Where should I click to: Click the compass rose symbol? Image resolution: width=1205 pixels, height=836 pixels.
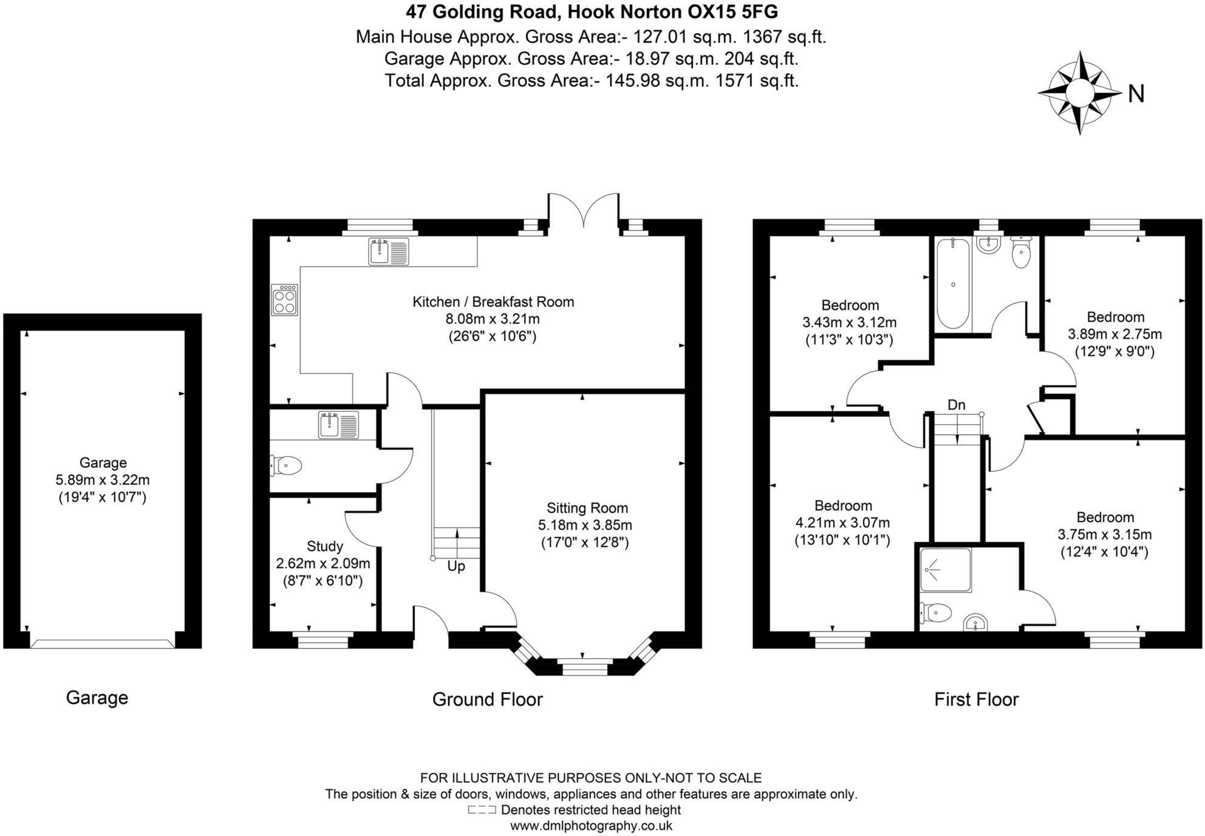(1079, 93)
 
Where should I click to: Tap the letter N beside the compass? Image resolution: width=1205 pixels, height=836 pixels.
(1136, 94)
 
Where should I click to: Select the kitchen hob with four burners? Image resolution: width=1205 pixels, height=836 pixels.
(284, 300)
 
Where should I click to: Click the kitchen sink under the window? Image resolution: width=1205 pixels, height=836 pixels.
(389, 252)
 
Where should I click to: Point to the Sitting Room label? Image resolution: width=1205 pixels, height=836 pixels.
(587, 508)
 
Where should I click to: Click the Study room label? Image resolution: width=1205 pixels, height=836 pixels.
(324, 546)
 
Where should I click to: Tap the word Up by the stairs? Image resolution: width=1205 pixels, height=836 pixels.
(456, 566)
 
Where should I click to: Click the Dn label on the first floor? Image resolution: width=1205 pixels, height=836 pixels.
(956, 405)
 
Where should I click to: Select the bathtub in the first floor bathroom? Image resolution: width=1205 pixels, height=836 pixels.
(952, 284)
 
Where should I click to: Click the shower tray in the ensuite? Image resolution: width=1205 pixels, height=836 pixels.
(946, 570)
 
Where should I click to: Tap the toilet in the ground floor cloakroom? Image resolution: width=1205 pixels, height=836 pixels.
(287, 466)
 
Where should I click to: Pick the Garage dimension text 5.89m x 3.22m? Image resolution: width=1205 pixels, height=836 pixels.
(103, 480)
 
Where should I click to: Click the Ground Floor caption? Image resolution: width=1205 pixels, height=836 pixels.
(487, 699)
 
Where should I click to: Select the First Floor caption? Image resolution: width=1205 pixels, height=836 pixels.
(975, 699)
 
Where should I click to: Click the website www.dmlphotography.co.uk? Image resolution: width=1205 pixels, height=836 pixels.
(590, 826)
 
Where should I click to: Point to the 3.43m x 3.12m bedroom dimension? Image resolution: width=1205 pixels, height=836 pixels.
(849, 323)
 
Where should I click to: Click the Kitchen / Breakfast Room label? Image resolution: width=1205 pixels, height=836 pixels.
(493, 302)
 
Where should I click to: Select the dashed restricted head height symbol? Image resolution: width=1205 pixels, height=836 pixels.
(482, 810)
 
